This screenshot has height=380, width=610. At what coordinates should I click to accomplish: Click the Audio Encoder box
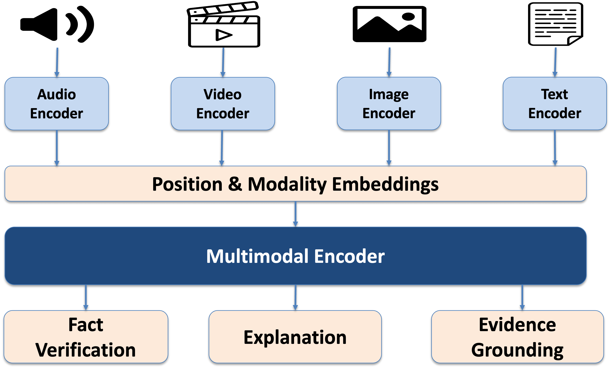pyautogui.click(x=57, y=104)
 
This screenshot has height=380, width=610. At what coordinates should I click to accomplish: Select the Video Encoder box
pyautogui.click(x=223, y=104)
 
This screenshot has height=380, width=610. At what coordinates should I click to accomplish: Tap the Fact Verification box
pyautogui.click(x=86, y=337)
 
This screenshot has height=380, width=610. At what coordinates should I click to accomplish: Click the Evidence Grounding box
pyautogui.click(x=517, y=337)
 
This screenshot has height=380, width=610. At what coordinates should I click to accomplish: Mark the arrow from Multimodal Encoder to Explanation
pyautogui.click(x=295, y=297)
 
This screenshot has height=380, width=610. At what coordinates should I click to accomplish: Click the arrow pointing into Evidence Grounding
pyautogui.click(x=522, y=297)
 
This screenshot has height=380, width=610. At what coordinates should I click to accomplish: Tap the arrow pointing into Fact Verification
pyautogui.click(x=86, y=297)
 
